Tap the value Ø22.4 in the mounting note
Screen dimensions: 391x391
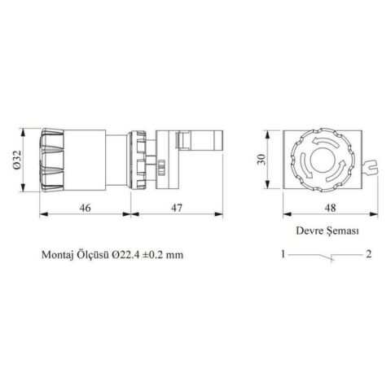[x=130, y=254]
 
